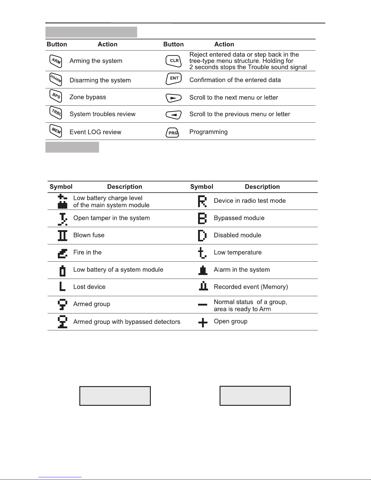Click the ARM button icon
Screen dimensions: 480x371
[x=55, y=61]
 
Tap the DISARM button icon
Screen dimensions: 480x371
[x=55, y=80]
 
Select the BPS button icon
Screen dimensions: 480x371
[x=55, y=97]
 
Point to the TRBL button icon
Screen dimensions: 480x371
[x=55, y=113]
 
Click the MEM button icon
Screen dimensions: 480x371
[x=55, y=131]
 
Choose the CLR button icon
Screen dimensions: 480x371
[x=174, y=61]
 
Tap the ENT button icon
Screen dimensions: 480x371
[x=174, y=79]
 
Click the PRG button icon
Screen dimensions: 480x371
[x=173, y=133]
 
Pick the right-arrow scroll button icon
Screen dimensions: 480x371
[x=174, y=98]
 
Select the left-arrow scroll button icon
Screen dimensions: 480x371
[x=174, y=115]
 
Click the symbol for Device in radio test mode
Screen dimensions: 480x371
[x=202, y=201]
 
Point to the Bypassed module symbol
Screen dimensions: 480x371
[x=202, y=218]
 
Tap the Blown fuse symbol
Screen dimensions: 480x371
[x=62, y=235]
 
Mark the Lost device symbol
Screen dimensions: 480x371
[x=62, y=286]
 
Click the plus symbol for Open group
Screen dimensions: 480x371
[x=203, y=323]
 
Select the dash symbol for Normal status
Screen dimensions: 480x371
[x=203, y=304]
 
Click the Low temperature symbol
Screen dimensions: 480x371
[x=202, y=253]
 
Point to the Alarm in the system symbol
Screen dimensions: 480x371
[x=203, y=270]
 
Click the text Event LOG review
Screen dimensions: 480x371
[x=95, y=132]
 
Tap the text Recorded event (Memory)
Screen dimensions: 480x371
[x=251, y=287]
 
